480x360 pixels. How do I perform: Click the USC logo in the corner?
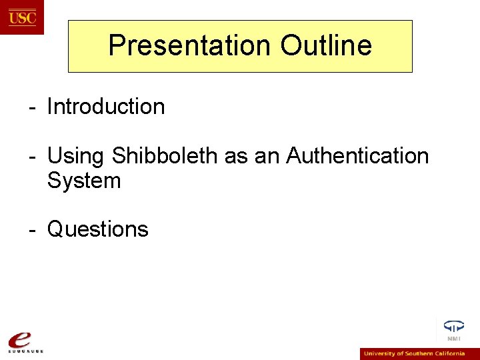[22, 17]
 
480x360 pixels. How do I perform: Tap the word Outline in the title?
[326, 45]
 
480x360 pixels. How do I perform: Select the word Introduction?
[106, 107]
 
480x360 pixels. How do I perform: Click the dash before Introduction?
[31, 107]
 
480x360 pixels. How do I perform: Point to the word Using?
[76, 156]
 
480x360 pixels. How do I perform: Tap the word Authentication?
[357, 156]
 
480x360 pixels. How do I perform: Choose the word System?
[84, 181]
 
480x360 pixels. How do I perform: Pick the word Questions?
[98, 229]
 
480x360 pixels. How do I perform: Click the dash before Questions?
[31, 230]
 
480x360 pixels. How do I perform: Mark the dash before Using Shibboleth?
[31, 157]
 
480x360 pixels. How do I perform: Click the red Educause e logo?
[22, 337]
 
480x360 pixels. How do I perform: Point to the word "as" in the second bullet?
[236, 156]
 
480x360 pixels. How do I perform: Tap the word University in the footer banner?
[378, 354]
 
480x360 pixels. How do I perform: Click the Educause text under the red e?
[25, 351]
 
